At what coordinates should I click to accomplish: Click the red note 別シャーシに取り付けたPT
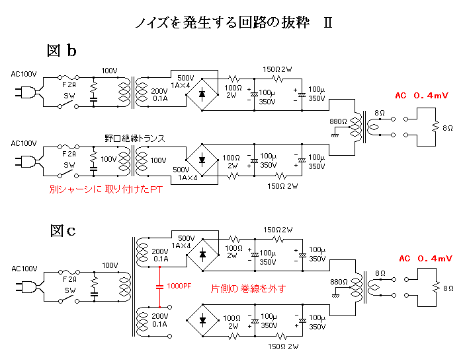[105, 189]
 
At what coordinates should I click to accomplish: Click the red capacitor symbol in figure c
[159, 286]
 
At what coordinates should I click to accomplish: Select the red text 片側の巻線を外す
[247, 288]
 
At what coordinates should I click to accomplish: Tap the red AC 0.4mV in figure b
[423, 96]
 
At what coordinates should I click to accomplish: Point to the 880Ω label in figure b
[338, 121]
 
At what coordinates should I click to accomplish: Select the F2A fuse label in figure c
[69, 279]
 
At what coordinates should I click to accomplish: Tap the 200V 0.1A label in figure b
[159, 95]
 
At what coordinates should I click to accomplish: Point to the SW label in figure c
[69, 299]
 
